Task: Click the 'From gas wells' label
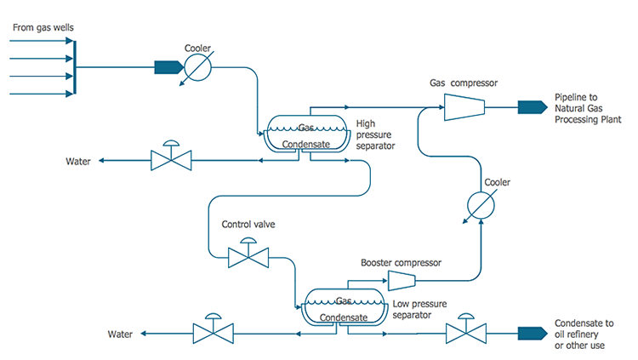43,28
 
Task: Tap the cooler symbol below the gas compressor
481,204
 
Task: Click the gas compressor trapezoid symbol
464,106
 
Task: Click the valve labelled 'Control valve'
249,256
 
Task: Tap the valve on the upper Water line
171,158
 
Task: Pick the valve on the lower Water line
211,332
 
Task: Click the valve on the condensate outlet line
464,332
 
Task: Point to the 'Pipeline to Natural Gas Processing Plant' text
588,109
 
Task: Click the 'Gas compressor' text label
463,83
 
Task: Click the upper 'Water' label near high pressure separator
78,161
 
